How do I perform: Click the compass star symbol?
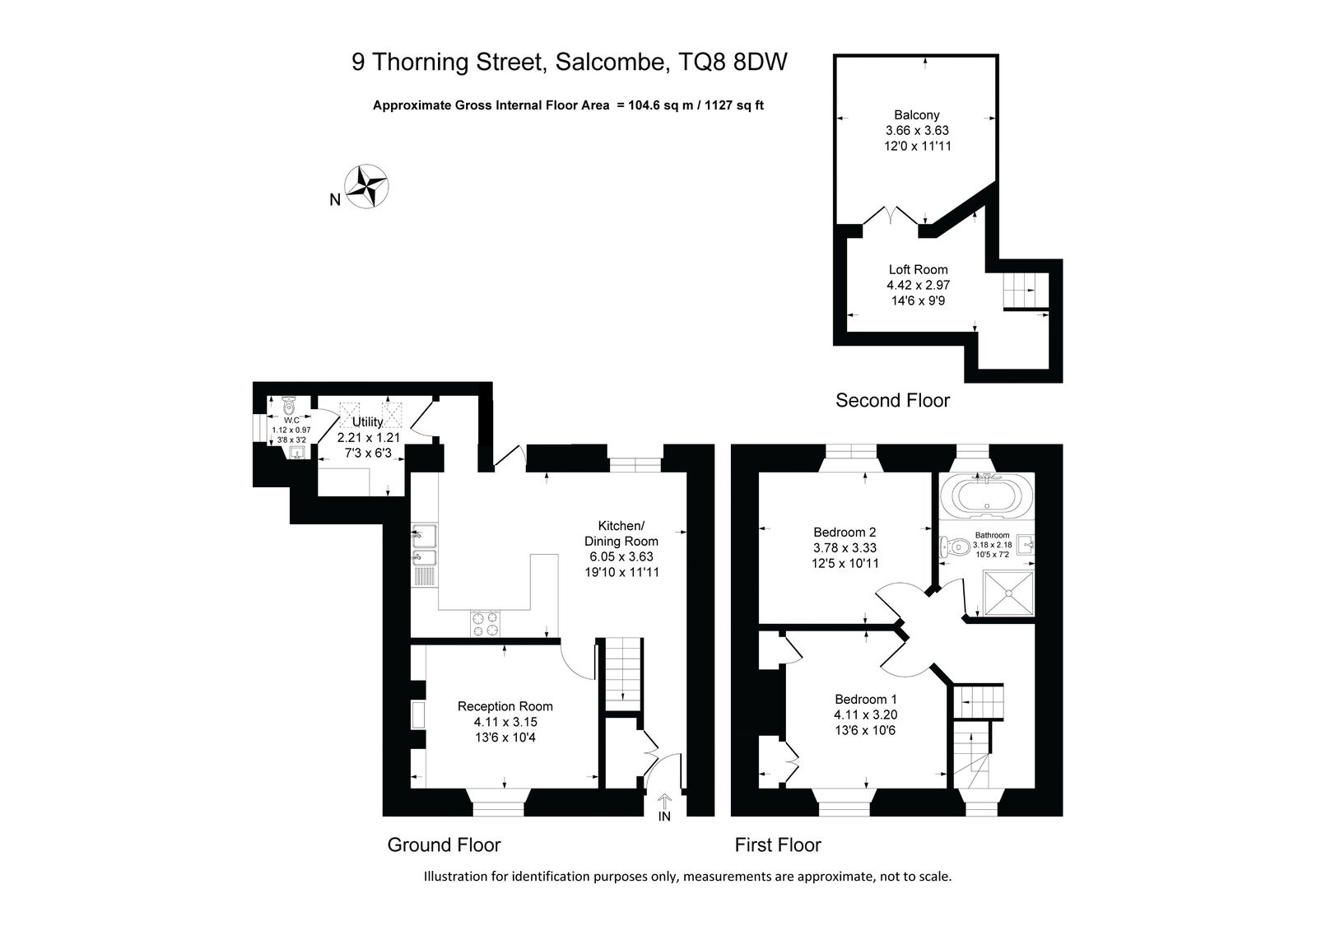click(365, 186)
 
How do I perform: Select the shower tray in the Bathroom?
click(1008, 593)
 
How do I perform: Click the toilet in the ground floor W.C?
click(289, 405)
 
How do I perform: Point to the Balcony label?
click(917, 115)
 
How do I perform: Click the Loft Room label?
click(918, 270)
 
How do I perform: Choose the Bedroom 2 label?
click(845, 533)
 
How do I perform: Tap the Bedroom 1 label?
click(865, 700)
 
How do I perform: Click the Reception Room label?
click(505, 706)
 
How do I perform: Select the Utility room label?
click(367, 421)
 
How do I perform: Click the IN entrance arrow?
click(664, 802)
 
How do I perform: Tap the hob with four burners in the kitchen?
click(485, 623)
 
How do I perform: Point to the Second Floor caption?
click(892, 401)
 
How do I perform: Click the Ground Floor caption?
click(444, 845)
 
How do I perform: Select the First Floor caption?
click(777, 845)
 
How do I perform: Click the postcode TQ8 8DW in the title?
click(733, 62)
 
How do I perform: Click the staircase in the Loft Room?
click(1026, 291)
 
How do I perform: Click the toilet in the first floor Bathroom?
click(954, 547)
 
